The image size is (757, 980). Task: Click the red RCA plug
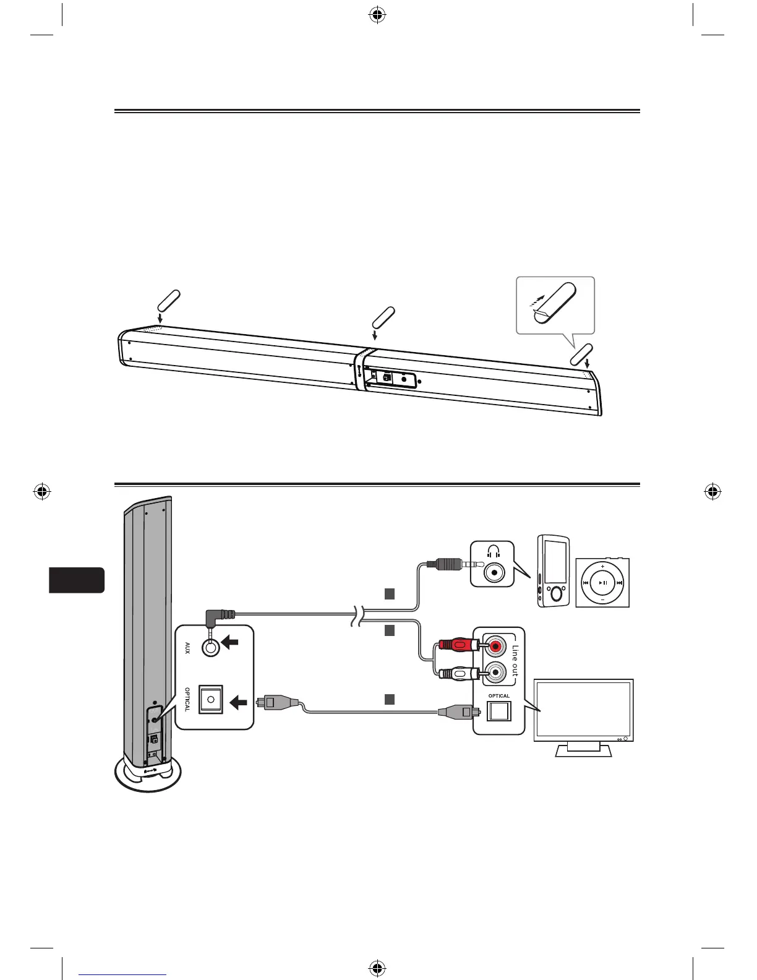click(x=458, y=647)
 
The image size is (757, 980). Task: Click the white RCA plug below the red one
click(x=458, y=672)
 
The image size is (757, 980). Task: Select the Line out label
click(x=515, y=661)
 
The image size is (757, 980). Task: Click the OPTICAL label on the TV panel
click(x=499, y=696)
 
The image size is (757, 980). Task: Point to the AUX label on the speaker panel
click(x=187, y=648)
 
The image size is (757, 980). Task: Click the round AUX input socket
click(x=212, y=647)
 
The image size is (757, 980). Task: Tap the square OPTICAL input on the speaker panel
click(x=211, y=700)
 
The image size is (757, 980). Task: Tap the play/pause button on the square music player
click(x=603, y=583)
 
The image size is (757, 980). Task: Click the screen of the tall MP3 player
click(x=555, y=560)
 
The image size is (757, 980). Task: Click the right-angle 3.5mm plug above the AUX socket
click(x=220, y=616)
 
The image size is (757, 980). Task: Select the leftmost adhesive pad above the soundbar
click(x=169, y=299)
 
